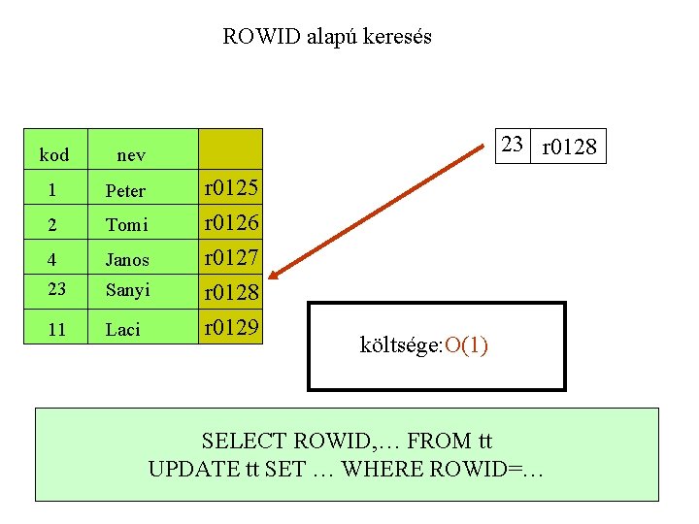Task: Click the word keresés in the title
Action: (394, 37)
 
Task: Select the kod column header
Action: (54, 155)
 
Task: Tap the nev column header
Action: (131, 155)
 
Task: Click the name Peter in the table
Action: (125, 191)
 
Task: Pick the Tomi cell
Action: (126, 225)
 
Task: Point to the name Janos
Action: (127, 260)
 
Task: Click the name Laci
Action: (123, 330)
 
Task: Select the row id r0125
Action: (230, 187)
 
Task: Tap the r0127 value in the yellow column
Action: (230, 257)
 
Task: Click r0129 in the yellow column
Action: (230, 327)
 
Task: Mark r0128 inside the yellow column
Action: (230, 292)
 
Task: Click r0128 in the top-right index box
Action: (570, 148)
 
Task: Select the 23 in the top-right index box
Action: (513, 146)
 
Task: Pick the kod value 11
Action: (56, 330)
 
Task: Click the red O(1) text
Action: (464, 346)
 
